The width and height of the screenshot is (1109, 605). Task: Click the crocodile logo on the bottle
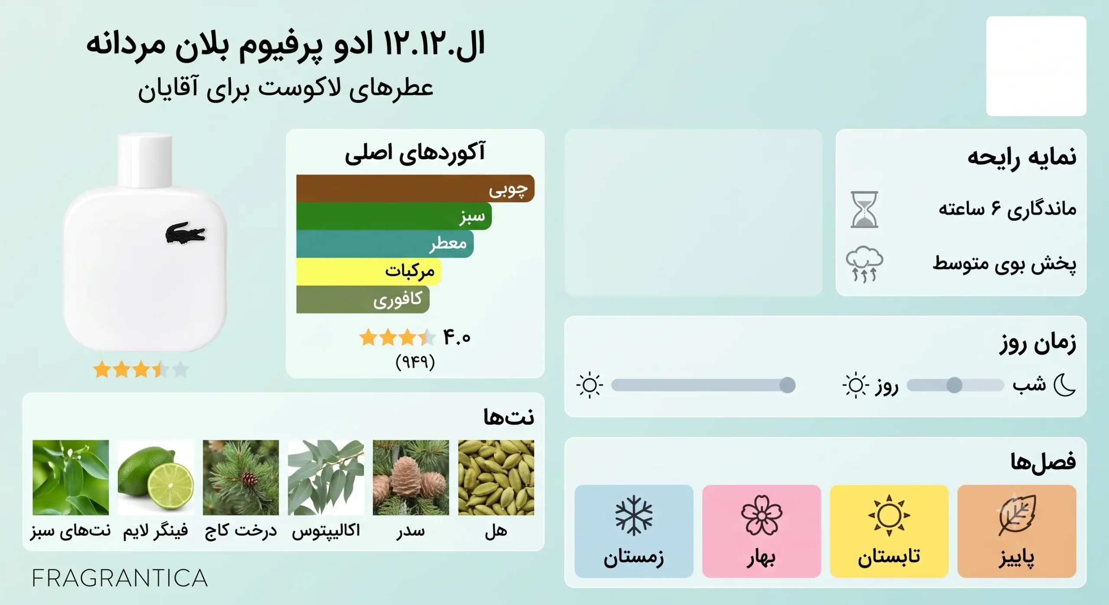click(185, 234)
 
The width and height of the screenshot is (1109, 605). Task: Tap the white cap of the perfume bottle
click(145, 160)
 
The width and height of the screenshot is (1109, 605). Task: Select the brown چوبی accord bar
click(415, 189)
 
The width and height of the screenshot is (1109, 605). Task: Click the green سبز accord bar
click(394, 216)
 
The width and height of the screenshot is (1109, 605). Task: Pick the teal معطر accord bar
click(385, 244)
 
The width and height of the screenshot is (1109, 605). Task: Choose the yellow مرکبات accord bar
click(369, 272)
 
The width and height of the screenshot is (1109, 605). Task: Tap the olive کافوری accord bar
click(363, 299)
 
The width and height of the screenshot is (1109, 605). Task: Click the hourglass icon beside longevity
click(864, 210)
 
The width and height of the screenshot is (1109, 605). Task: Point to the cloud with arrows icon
click(864, 264)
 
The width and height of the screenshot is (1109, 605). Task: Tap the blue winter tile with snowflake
click(634, 531)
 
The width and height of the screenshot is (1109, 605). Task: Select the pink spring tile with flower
click(762, 531)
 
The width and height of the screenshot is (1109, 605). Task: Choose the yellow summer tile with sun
click(889, 531)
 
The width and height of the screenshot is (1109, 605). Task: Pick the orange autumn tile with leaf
click(1017, 531)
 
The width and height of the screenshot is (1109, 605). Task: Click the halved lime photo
click(156, 478)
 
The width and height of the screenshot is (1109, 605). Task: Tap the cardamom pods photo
click(496, 478)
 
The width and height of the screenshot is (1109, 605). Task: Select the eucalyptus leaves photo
click(326, 478)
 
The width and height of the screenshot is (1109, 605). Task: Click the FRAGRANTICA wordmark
click(120, 578)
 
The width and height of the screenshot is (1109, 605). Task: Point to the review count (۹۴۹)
click(415, 361)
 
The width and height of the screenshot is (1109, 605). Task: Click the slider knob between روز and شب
click(954, 385)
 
